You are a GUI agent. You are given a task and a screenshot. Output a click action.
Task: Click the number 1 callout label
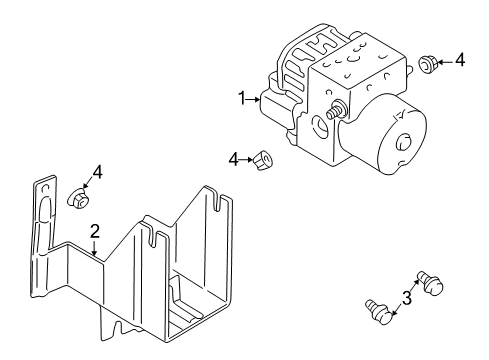tap(241, 98)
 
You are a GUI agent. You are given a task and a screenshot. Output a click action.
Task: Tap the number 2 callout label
tap(94, 232)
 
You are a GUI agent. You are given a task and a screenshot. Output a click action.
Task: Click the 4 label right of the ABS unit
tap(459, 61)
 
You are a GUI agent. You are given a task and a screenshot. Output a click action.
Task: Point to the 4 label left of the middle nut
tap(233, 158)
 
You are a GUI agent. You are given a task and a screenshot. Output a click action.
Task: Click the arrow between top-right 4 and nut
tap(446, 62)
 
